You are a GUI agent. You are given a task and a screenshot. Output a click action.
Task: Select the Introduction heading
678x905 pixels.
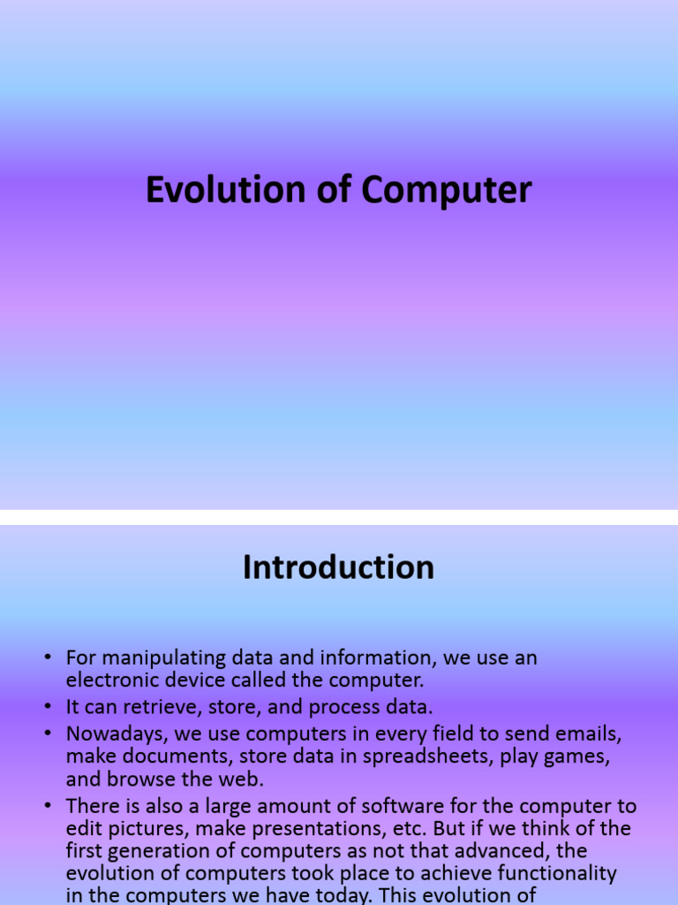[x=338, y=567]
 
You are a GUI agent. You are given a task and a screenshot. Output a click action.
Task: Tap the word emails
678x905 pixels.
[x=596, y=734]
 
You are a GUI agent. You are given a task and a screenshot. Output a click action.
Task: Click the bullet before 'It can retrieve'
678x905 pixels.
[x=47, y=707]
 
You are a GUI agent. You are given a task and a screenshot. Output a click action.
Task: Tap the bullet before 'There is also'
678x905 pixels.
[x=47, y=806]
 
